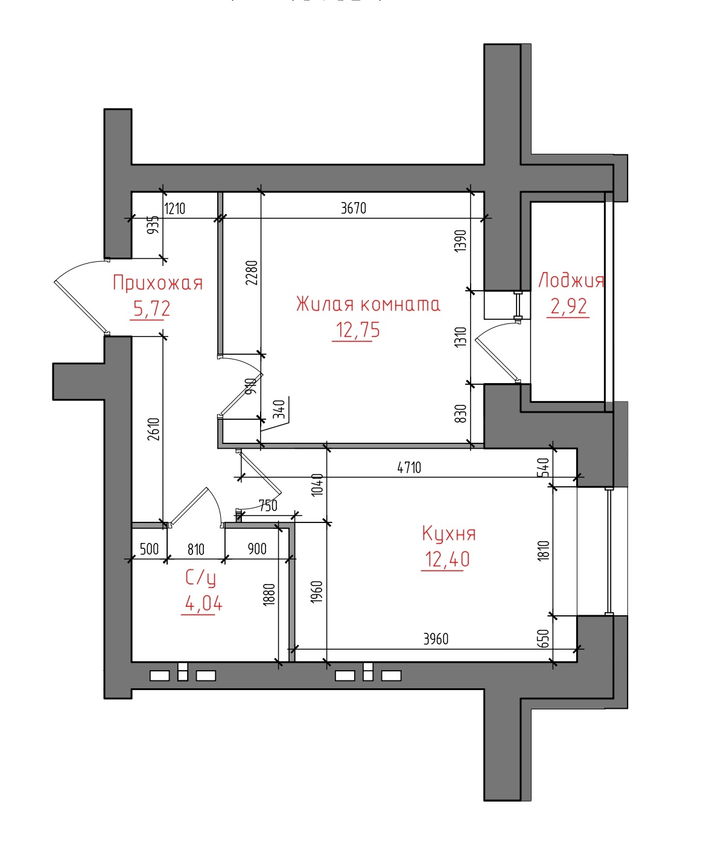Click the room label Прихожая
click(158, 283)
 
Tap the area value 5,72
click(151, 309)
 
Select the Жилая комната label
click(368, 304)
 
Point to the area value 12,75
click(357, 331)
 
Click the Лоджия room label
click(571, 280)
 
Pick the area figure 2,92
click(568, 306)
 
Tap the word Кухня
click(449, 533)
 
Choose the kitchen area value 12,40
click(447, 559)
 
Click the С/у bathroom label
click(200, 578)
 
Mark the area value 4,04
click(203, 604)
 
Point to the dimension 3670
click(354, 208)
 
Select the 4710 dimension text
click(409, 467)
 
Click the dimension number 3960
click(436, 639)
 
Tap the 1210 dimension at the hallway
click(175, 209)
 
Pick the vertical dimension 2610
click(154, 429)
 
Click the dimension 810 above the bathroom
click(195, 550)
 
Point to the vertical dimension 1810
click(544, 551)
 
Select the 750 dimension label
click(268, 505)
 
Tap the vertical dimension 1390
click(460, 241)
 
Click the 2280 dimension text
click(252, 273)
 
